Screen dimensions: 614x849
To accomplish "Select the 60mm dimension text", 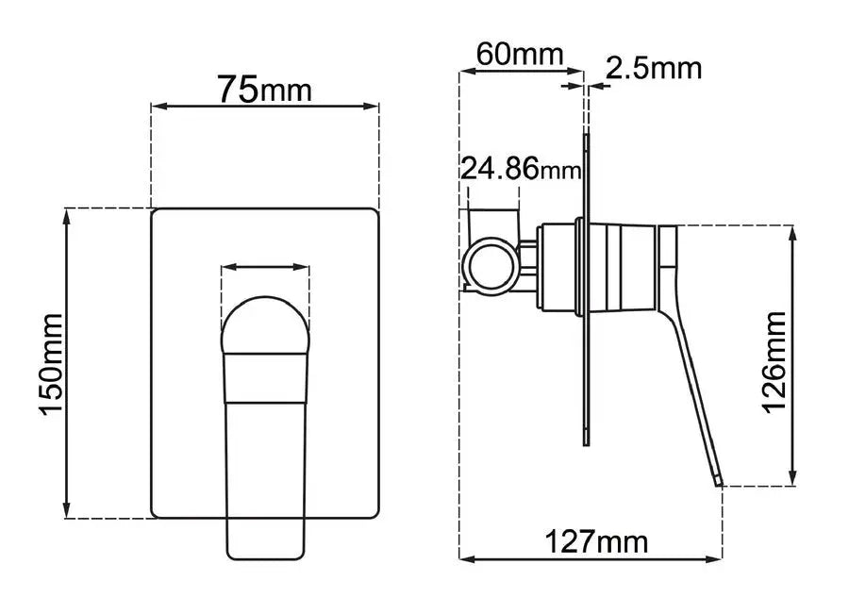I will [519, 53].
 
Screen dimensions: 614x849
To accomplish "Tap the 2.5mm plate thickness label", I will [654, 68].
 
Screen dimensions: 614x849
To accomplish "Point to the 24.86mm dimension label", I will [520, 169].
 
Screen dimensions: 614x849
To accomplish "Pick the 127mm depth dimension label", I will [596, 542].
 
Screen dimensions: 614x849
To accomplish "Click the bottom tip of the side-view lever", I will [720, 481].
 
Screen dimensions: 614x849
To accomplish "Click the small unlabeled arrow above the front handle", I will [265, 268].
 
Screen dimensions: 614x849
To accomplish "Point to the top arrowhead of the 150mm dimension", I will [66, 215].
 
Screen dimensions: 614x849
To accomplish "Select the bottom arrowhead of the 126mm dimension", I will [793, 478].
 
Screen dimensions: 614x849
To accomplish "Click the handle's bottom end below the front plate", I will [265, 542].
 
